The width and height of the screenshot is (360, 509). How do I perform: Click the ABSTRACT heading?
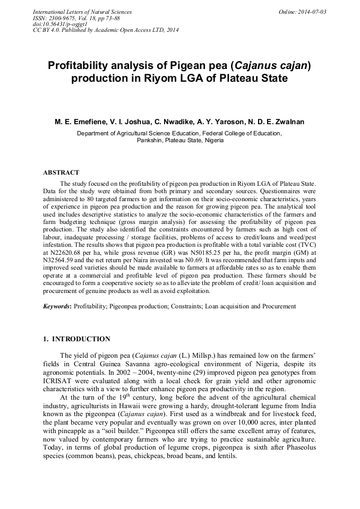pyautogui.click(x=61, y=172)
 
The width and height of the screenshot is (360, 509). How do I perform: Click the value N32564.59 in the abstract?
pyautogui.click(x=61, y=261)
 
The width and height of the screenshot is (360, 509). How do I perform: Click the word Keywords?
pyautogui.click(x=57, y=306)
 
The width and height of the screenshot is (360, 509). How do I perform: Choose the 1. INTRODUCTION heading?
pyautogui.click(x=76, y=339)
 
